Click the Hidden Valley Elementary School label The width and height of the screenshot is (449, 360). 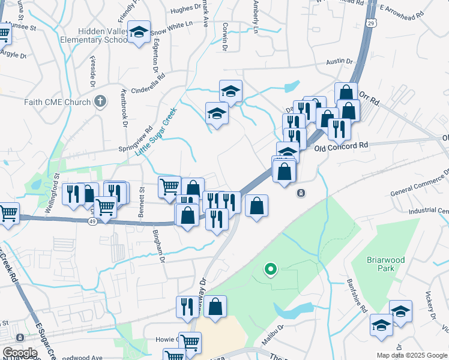coord(102,35)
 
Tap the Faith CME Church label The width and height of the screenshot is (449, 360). coord(57,102)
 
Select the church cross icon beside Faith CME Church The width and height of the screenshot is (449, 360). coord(100,102)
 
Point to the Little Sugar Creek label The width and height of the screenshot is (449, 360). coord(155,131)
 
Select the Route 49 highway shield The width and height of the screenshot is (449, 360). coord(92,222)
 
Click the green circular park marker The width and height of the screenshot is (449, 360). coord(271,270)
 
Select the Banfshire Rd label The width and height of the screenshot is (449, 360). coord(356,297)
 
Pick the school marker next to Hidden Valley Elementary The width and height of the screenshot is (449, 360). coord(139,34)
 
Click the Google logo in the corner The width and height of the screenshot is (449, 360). coord(19,352)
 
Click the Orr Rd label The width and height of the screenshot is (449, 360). coord(370,98)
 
